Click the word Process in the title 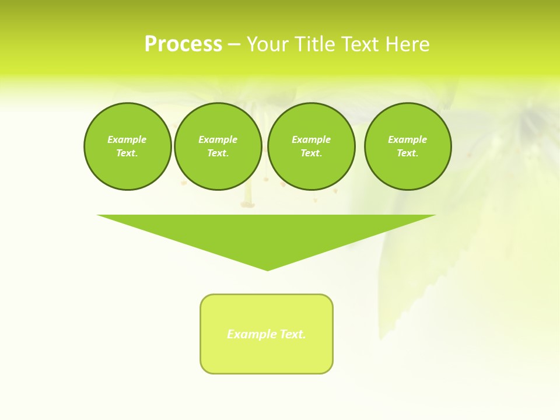[183, 44]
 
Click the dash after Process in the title [234, 45]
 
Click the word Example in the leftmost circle [127, 139]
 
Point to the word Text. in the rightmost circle [408, 153]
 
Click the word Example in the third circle [311, 139]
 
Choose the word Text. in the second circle [218, 153]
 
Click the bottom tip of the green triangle [267, 269]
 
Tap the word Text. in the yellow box [293, 334]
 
